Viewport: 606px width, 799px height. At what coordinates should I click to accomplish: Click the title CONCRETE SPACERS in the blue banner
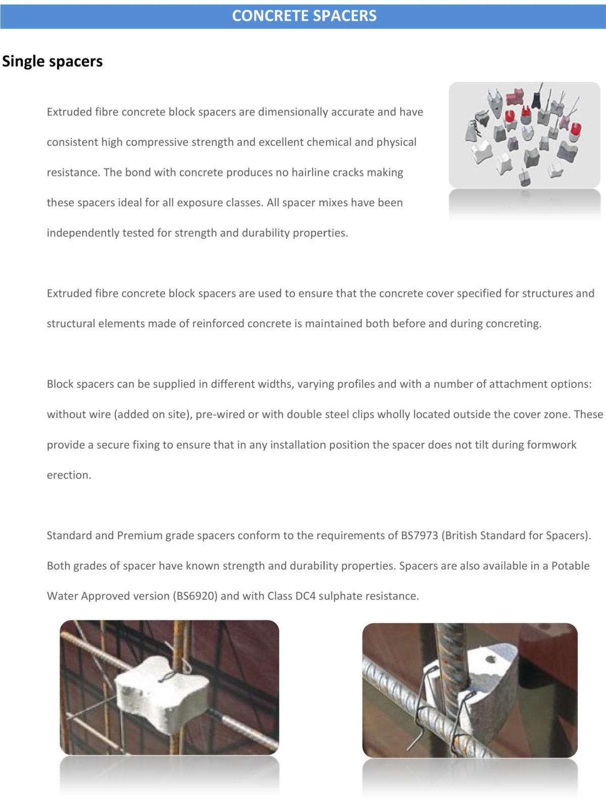[x=304, y=16]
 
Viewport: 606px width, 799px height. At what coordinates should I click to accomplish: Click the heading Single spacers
[x=52, y=61]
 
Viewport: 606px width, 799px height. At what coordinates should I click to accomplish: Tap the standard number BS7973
[x=419, y=535]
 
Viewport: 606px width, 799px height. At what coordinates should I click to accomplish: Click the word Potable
[x=570, y=565]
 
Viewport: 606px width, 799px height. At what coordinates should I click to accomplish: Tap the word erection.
[x=69, y=475]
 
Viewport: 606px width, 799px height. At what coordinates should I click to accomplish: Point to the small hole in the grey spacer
[x=490, y=659]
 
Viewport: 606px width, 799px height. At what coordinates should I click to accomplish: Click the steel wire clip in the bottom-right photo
[x=429, y=706]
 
